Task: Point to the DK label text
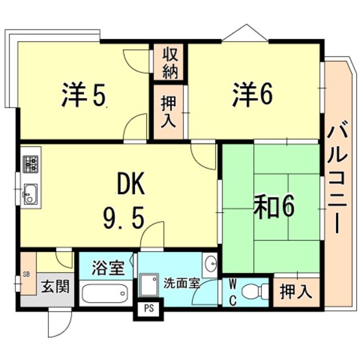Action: (131, 183)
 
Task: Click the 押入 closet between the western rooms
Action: (169, 111)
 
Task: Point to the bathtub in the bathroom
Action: (105, 293)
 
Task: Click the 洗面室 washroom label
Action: (182, 283)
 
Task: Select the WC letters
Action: (231, 292)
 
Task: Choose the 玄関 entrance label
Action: (55, 286)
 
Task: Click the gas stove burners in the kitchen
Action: (30, 163)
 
